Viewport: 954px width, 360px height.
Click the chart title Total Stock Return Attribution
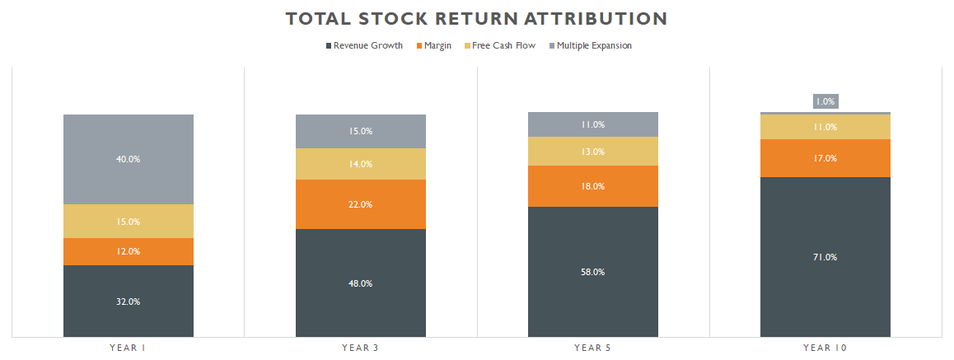(476, 18)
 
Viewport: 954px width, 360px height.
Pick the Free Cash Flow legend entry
(503, 46)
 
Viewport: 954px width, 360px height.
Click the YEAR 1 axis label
(129, 348)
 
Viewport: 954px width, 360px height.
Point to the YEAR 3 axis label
(361, 348)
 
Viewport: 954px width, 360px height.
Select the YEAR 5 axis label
(593, 348)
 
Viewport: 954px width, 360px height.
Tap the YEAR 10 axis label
(825, 348)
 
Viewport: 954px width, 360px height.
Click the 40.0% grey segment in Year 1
(129, 159)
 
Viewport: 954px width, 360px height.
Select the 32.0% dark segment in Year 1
(129, 302)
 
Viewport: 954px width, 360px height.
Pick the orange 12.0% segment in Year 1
(129, 251)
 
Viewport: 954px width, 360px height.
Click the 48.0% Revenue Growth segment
(361, 283)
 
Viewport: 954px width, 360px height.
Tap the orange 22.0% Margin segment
(361, 204)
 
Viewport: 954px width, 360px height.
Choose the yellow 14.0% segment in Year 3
(361, 164)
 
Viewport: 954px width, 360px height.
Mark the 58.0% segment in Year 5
(593, 272)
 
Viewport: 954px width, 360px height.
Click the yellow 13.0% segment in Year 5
(593, 152)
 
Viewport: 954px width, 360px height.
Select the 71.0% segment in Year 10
(825, 257)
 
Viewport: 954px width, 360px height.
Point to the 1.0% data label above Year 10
(825, 101)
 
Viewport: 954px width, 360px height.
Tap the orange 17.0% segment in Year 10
(825, 158)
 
